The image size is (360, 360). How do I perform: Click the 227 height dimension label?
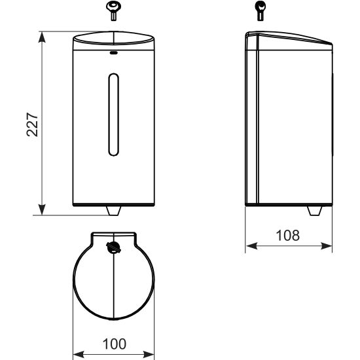coord(32,124)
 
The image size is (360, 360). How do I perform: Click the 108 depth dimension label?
coord(288,236)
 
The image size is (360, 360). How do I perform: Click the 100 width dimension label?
coord(115,344)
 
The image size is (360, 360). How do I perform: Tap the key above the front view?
coord(114,10)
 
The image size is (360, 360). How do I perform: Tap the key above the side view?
coord(260,10)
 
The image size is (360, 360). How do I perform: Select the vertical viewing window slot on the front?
coord(114,115)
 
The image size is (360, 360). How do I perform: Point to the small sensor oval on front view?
coord(114,53)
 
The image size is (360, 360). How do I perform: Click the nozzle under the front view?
coord(114,211)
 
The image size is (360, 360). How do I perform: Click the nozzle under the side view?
coord(315,211)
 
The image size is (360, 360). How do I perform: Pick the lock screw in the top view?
coord(113,247)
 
